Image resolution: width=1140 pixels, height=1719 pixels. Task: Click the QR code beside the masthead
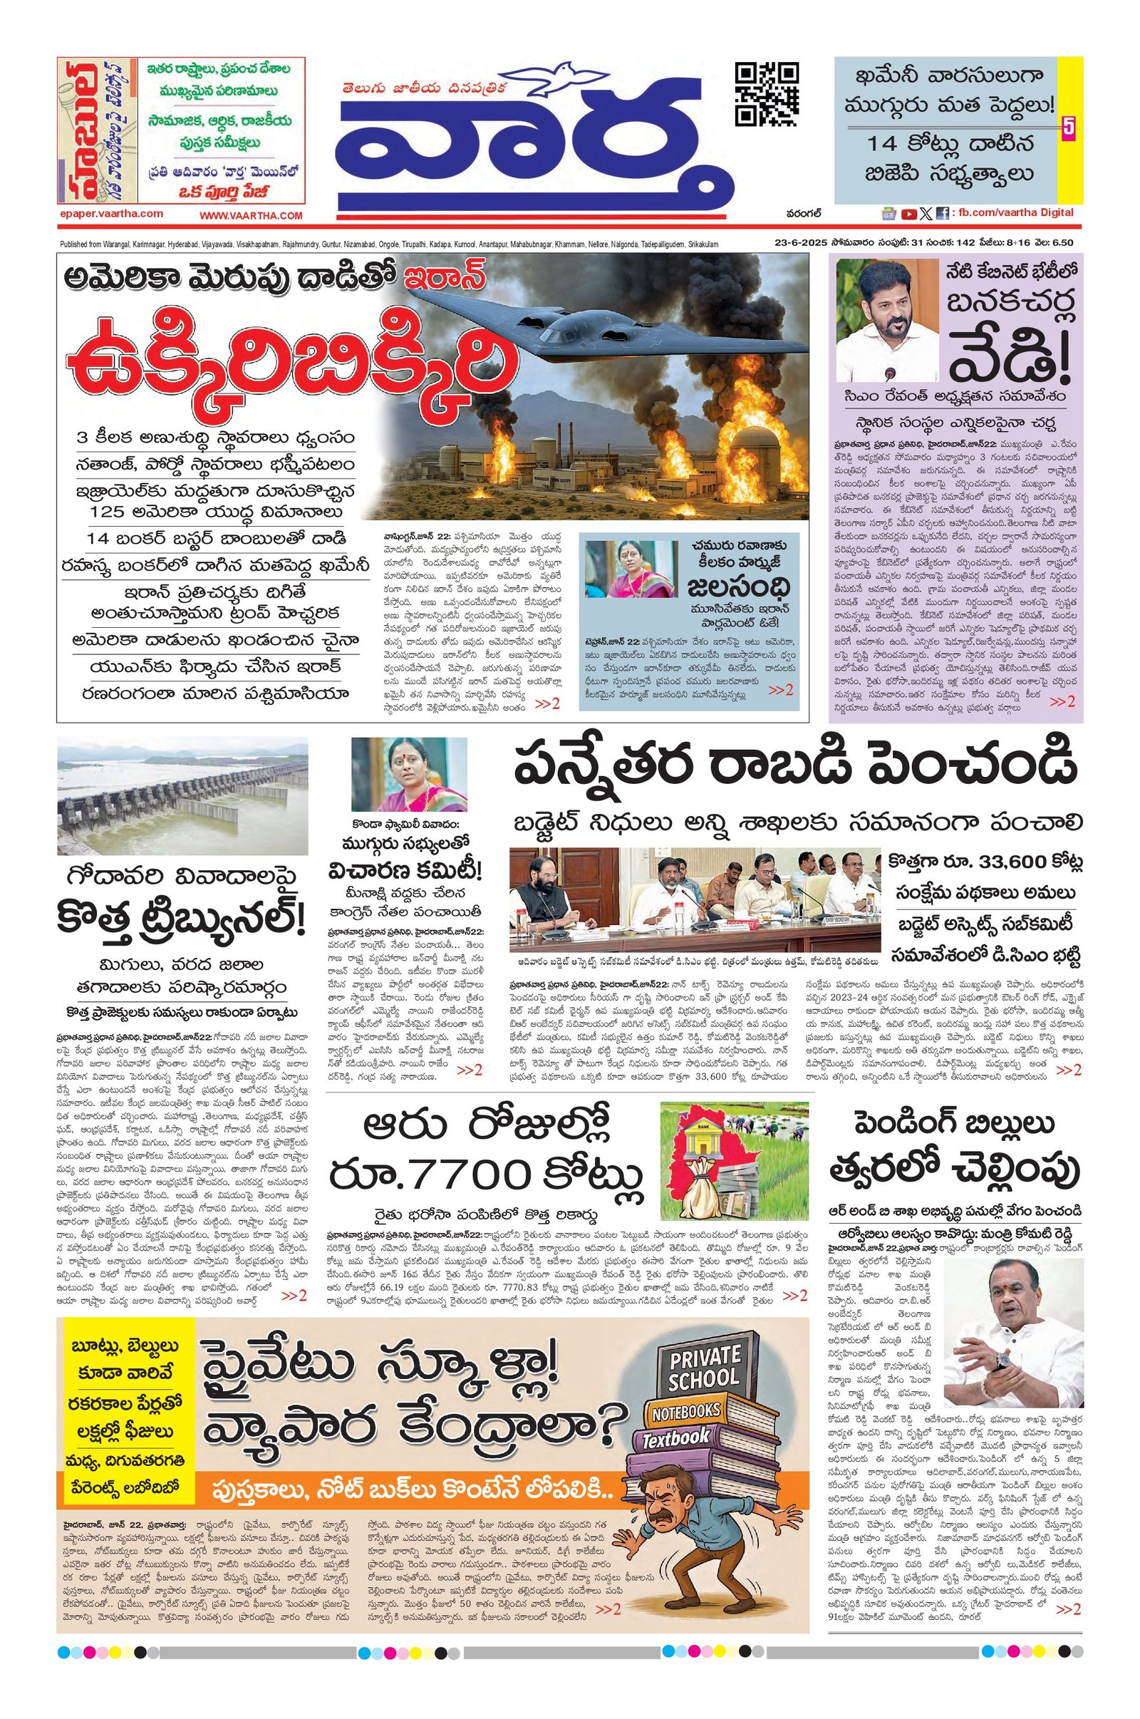tap(767, 95)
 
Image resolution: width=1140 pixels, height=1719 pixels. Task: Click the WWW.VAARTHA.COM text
tap(251, 215)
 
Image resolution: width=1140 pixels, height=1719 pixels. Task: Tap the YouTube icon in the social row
tap(908, 214)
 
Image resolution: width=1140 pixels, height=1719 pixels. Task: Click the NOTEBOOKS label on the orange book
tap(685, 1412)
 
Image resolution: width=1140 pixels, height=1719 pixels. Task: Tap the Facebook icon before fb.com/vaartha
tap(941, 214)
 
